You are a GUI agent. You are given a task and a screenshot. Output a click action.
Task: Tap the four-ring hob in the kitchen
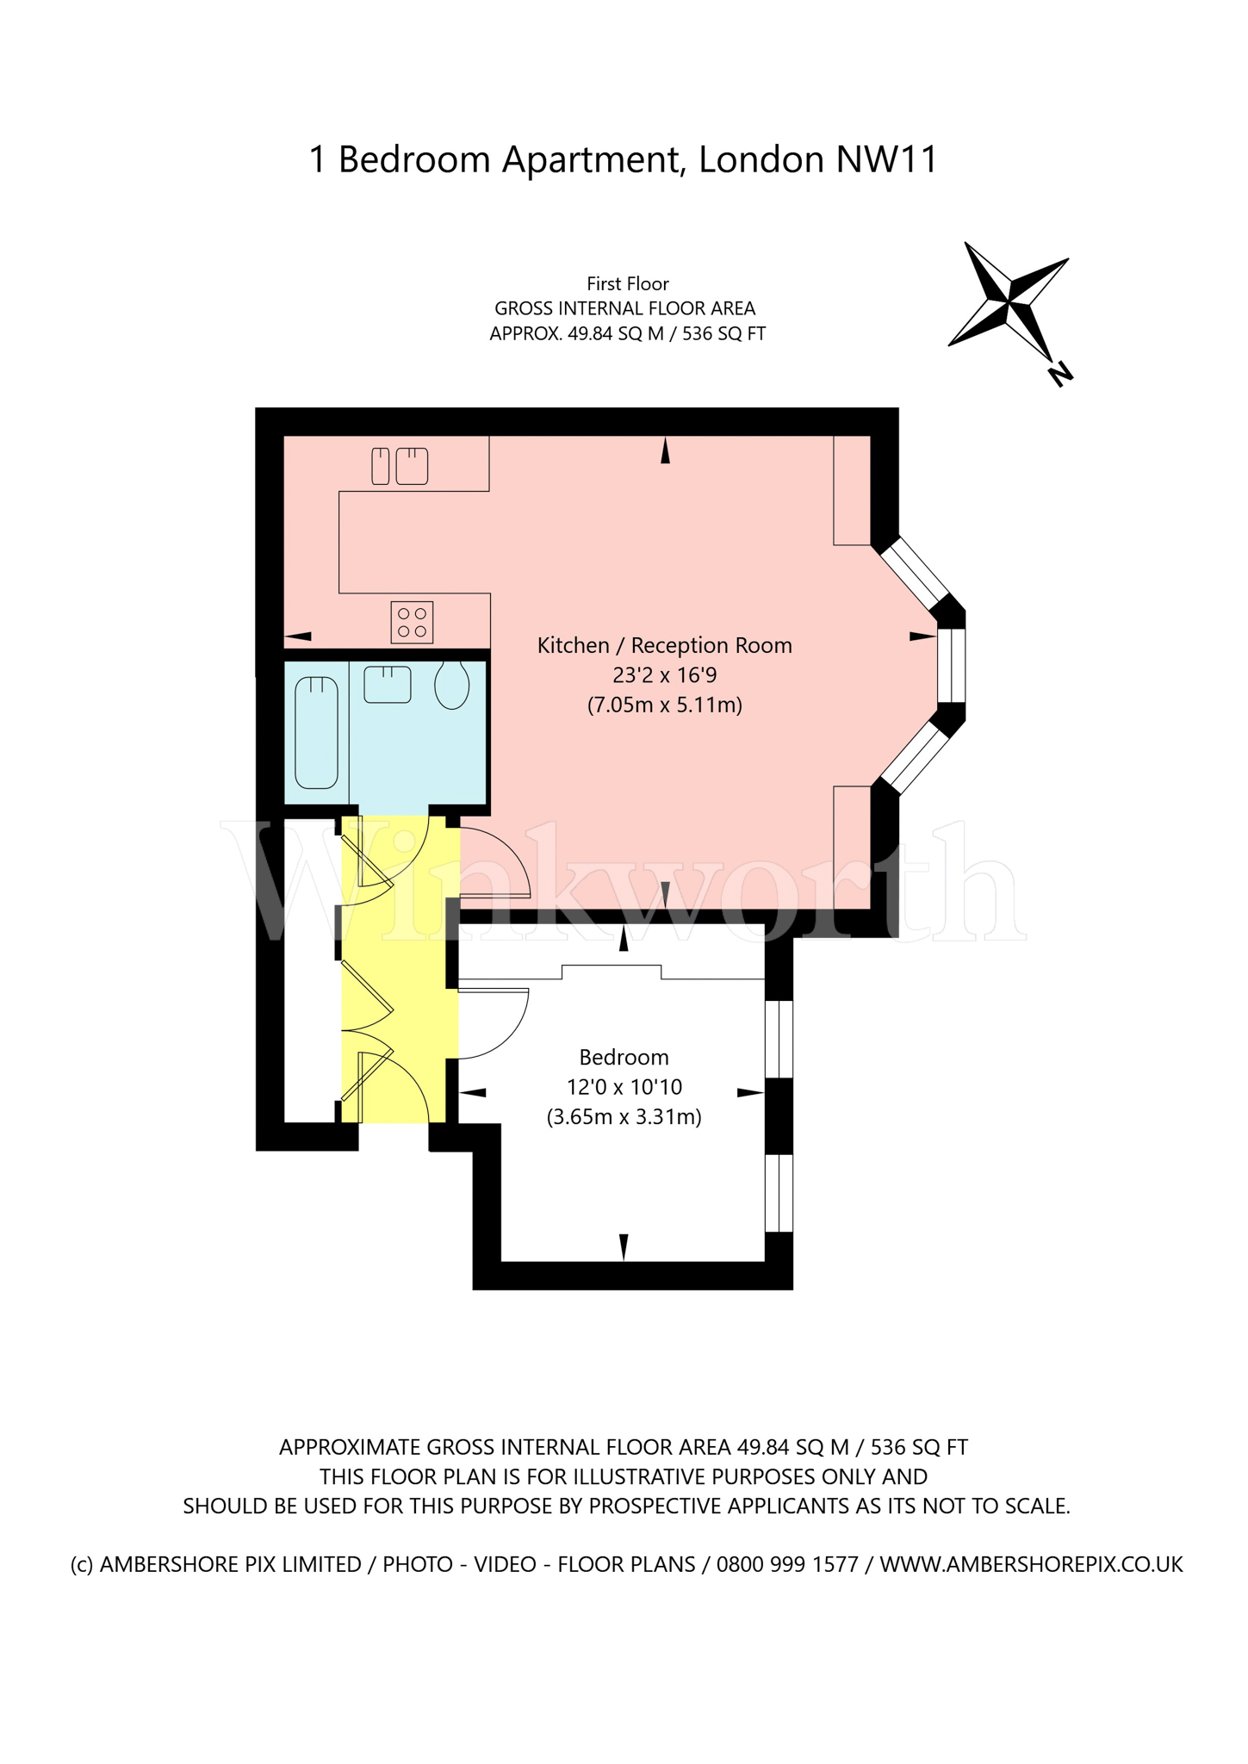coord(412,622)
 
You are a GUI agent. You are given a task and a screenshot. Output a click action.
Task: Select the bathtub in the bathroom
coord(316,732)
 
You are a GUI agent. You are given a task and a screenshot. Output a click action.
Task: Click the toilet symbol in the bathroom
coord(451,685)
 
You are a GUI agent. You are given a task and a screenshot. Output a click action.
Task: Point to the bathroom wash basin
coord(387,684)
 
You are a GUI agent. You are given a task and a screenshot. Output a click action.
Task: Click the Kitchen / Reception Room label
coord(664,645)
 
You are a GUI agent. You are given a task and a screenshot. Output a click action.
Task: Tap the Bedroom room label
coord(624,1057)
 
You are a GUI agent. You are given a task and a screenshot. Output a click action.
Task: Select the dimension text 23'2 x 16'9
coord(664,675)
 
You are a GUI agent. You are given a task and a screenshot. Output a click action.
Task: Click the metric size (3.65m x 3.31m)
coord(624,1117)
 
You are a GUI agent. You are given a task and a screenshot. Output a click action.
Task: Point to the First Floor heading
coord(627,283)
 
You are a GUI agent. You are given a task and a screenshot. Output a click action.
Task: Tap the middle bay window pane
coord(951,665)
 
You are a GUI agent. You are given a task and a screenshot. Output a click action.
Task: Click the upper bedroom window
coord(779,1038)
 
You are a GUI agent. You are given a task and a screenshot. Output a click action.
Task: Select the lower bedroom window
coord(779,1193)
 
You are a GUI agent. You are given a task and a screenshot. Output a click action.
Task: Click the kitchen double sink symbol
coord(400,466)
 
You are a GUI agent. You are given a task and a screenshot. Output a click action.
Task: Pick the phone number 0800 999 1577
coord(787,1564)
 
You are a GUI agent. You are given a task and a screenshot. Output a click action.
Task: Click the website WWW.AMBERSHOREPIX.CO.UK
coord(1031,1564)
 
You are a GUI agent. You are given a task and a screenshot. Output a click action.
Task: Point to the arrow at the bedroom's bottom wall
coord(624,1245)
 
